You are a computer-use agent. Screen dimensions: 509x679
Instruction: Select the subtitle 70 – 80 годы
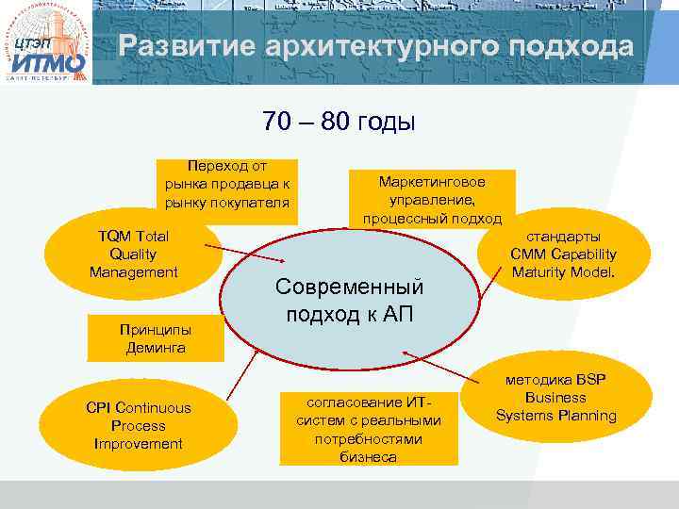coord(339,122)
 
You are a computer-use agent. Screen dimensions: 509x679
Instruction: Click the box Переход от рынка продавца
coord(227,184)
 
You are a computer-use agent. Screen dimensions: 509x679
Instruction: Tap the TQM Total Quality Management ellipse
coord(133,254)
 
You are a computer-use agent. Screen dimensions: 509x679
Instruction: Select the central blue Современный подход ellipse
coord(349,301)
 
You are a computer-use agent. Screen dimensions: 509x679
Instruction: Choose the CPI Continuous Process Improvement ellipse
coord(138,425)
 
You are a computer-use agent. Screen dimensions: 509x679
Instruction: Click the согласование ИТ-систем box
coord(369,430)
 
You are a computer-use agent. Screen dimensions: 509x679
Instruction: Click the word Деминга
coord(156,348)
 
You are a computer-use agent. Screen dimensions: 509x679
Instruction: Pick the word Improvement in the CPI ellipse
coord(138,443)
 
